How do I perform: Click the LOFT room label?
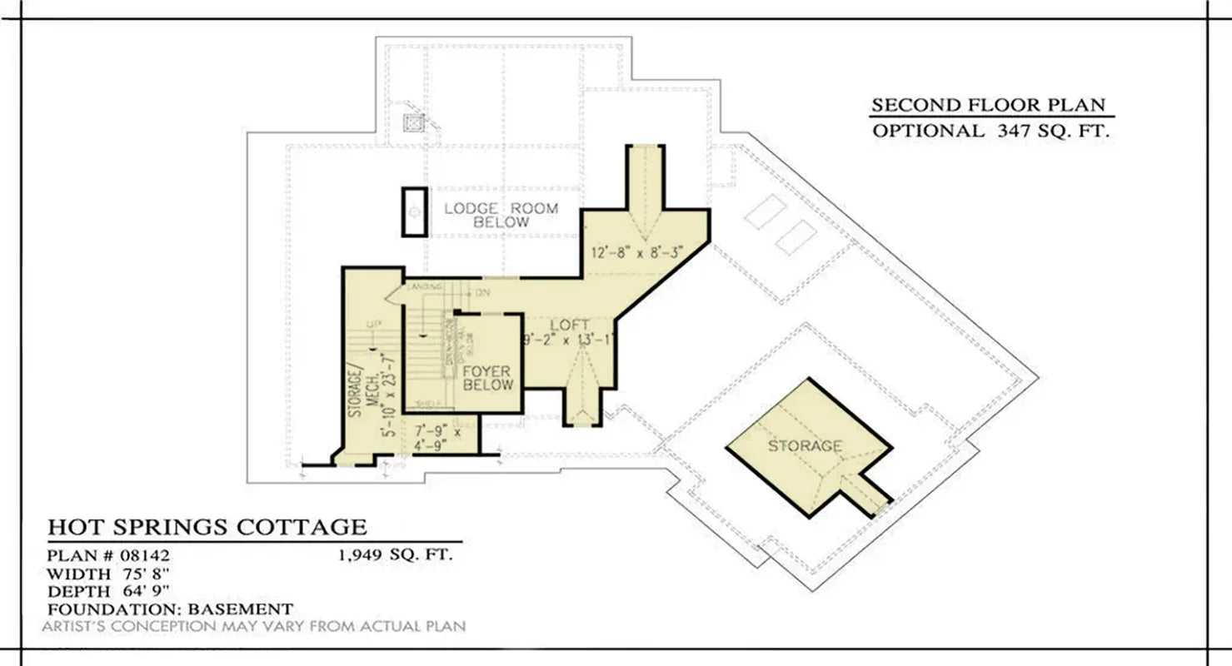(570, 325)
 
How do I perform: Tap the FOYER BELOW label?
(487, 378)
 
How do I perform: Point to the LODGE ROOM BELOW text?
(501, 215)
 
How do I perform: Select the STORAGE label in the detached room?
(804, 446)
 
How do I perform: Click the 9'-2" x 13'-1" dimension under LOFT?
(570, 340)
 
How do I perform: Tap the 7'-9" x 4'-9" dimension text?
(438, 439)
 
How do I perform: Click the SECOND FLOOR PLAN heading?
(988, 106)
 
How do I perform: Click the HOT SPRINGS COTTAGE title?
(207, 527)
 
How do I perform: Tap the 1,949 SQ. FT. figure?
(396, 556)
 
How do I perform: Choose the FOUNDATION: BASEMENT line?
(170, 609)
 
